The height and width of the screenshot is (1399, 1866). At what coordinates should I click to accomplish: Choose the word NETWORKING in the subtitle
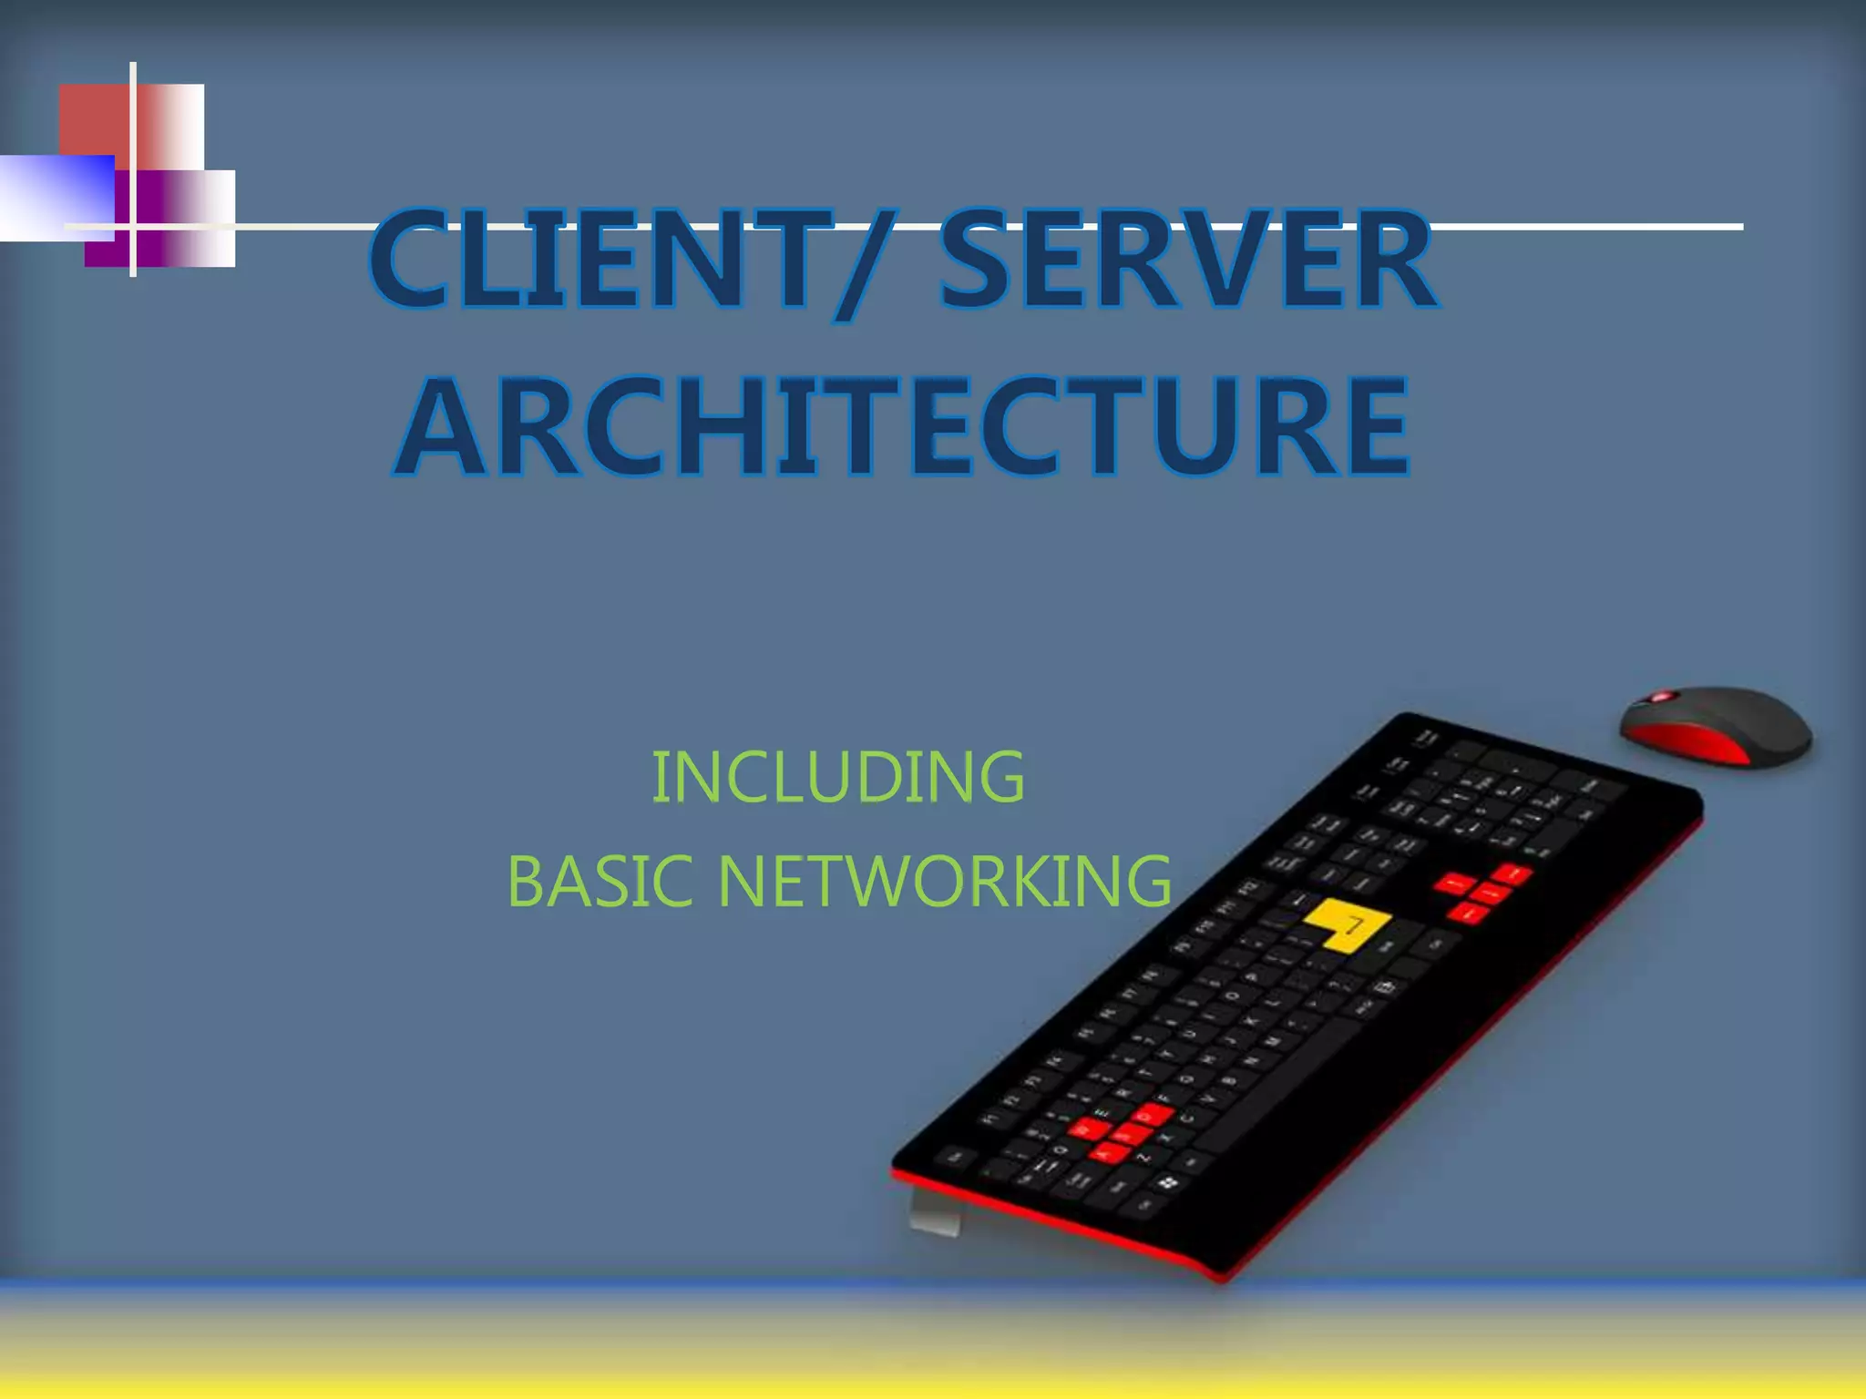coord(944,882)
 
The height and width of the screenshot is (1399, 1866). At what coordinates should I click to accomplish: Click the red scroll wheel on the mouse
coord(1664,698)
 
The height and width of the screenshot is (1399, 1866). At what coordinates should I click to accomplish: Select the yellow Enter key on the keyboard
coord(1345,925)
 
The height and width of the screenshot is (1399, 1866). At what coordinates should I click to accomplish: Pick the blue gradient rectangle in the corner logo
coord(55,196)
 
